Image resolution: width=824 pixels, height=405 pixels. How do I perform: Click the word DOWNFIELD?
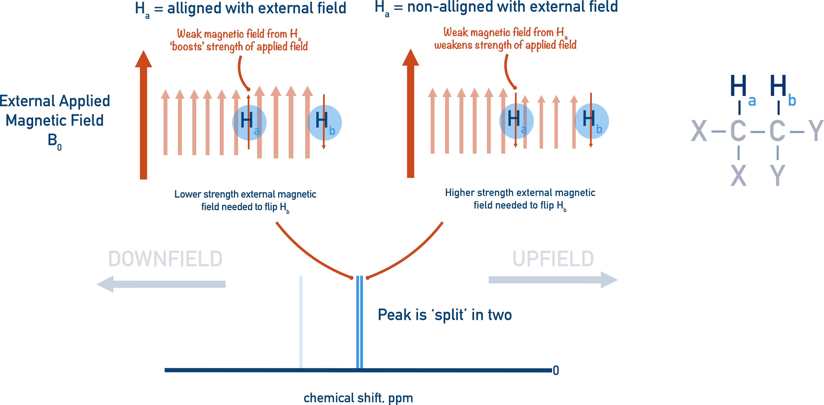165,259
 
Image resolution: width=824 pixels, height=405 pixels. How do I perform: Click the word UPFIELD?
553,259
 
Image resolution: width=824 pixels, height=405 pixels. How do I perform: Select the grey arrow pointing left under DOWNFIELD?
161,284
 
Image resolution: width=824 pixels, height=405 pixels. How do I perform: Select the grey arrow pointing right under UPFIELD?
553,280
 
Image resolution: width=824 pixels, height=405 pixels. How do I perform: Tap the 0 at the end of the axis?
556,370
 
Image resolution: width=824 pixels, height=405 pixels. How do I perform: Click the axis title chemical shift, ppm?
358,398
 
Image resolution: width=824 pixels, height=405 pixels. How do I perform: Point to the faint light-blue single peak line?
301,322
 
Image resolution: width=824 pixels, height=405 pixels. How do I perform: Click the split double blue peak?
360,322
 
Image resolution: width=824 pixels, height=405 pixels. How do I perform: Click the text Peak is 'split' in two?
445,315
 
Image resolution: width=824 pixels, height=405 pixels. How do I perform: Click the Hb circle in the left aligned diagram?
324,123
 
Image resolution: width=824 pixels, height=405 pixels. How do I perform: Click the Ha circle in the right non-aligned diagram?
516,121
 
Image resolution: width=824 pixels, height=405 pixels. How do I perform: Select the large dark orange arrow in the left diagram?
143,115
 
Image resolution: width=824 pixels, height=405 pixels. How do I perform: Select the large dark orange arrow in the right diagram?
411,114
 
